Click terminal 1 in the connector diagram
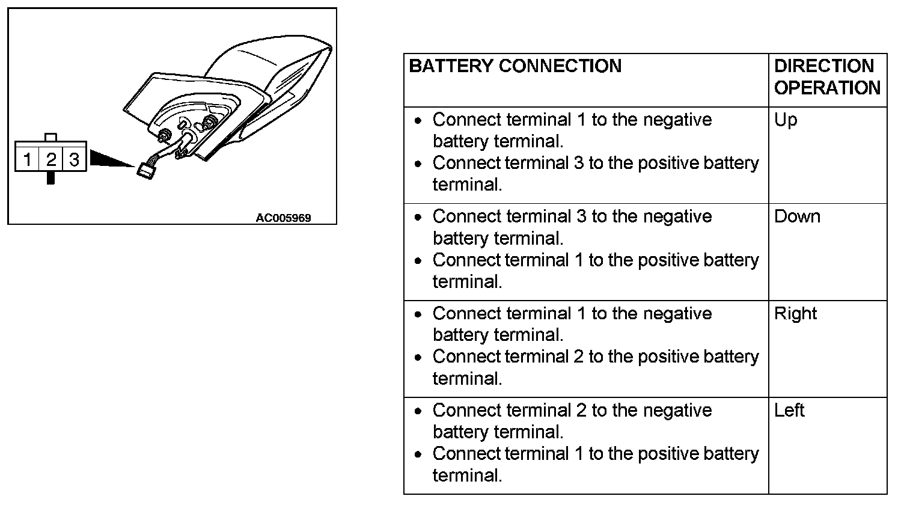[27, 159]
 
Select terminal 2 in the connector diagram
[51, 159]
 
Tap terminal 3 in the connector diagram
[74, 159]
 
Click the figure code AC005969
[283, 218]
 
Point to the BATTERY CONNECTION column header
[515, 66]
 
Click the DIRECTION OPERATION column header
[827, 77]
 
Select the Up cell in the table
[786, 120]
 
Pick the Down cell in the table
[797, 216]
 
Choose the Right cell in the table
[795, 314]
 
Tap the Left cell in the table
[789, 411]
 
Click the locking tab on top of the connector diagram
[51, 137]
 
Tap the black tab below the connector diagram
[51, 178]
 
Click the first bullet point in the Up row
[418, 121]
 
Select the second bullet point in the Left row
[418, 454]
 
